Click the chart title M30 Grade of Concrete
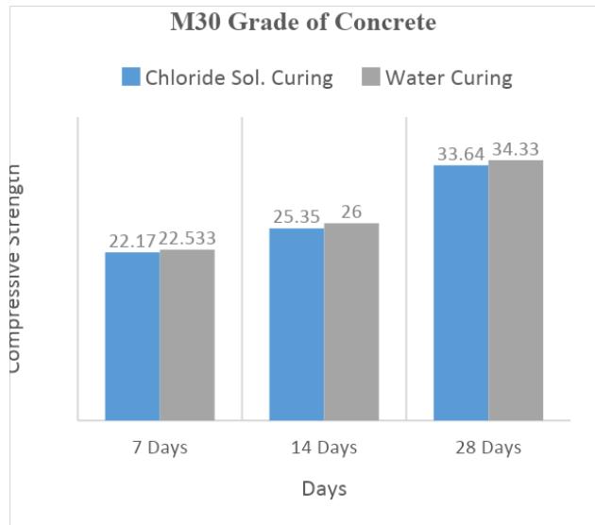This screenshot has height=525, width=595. pyautogui.click(x=302, y=23)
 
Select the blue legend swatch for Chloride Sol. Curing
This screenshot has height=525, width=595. pyautogui.click(x=130, y=76)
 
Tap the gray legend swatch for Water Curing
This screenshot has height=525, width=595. pyautogui.click(x=371, y=76)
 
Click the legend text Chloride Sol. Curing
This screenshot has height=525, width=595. pyautogui.click(x=238, y=77)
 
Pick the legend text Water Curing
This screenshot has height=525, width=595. pyautogui.click(x=449, y=77)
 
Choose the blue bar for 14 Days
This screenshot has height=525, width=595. pyautogui.click(x=297, y=324)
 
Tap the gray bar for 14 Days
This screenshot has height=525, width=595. pyautogui.click(x=351, y=321)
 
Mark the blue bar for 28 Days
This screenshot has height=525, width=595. pyautogui.click(x=461, y=293)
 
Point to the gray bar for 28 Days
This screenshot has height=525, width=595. pyautogui.click(x=516, y=290)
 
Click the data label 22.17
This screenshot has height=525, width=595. pyautogui.click(x=131, y=242)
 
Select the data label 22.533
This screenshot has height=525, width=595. pyautogui.click(x=188, y=242)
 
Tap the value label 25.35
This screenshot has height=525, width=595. pyautogui.click(x=297, y=218)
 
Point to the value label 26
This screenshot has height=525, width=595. pyautogui.click(x=351, y=212)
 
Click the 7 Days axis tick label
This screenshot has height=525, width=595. pyautogui.click(x=160, y=447)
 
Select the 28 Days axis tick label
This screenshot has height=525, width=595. pyautogui.click(x=488, y=447)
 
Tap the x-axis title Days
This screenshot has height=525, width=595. pyautogui.click(x=324, y=488)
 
